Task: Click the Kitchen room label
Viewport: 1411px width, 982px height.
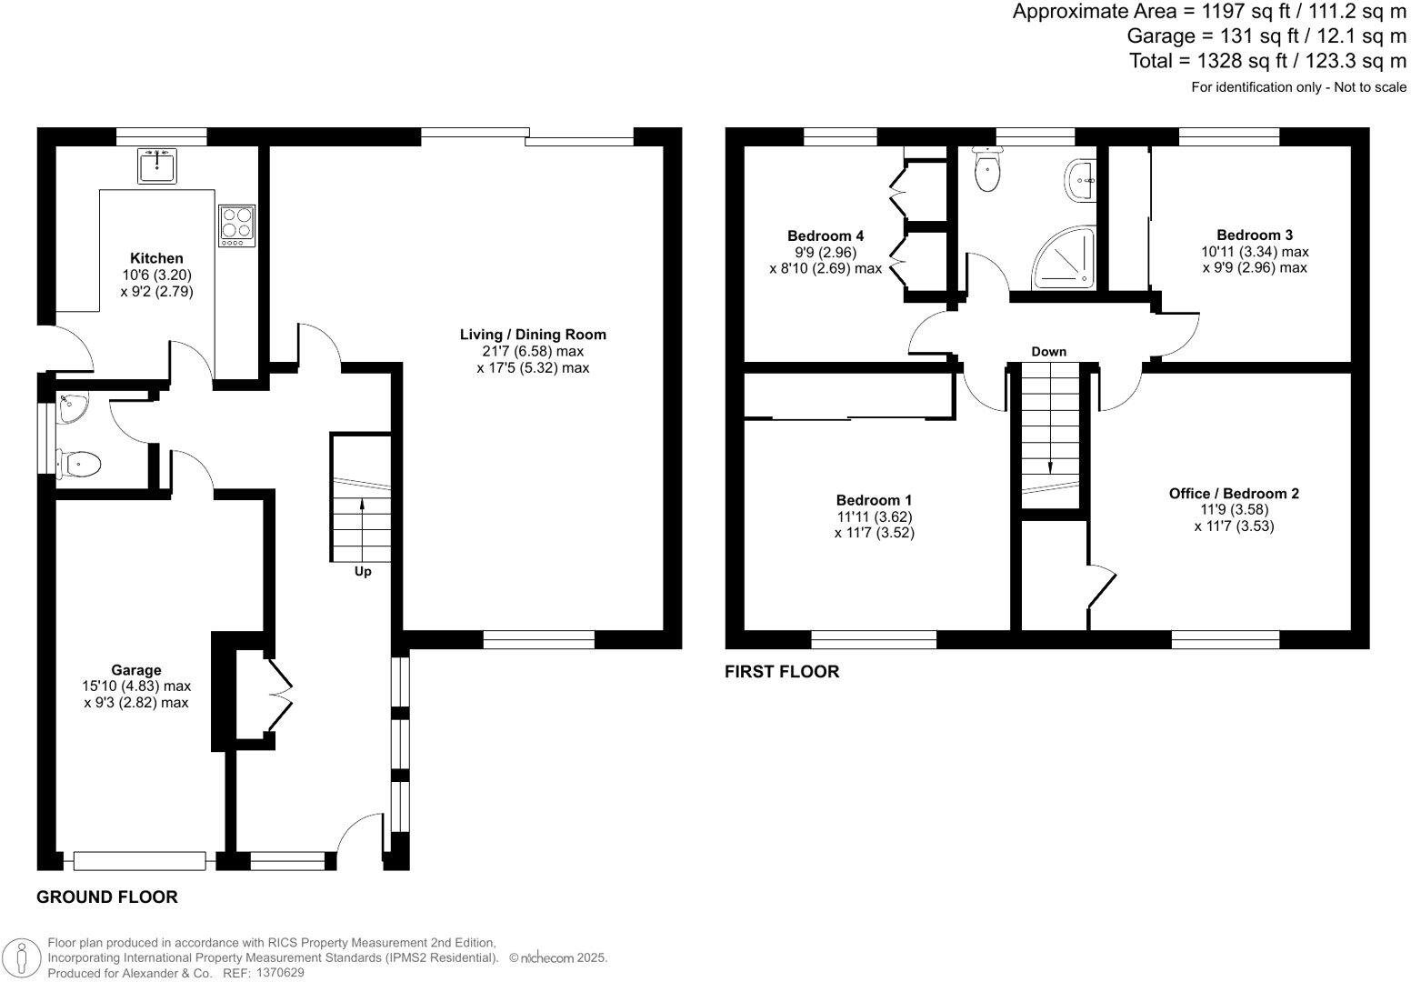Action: [x=156, y=258]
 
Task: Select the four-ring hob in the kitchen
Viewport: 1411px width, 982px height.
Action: [x=236, y=225]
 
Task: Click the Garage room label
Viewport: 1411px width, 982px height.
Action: [x=136, y=670]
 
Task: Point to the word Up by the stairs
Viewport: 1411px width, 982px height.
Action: [x=362, y=572]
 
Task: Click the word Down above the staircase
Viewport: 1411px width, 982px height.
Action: [x=1048, y=352]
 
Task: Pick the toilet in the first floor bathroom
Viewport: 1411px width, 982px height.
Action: [x=986, y=170]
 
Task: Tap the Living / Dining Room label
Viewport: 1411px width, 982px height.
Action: [x=533, y=335]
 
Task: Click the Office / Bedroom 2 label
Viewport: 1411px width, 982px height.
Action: [x=1234, y=494]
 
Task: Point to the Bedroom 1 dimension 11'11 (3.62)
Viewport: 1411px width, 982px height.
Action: [x=874, y=516]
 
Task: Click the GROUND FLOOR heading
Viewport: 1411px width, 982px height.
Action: [x=106, y=897]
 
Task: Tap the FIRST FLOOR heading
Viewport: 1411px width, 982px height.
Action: [x=782, y=672]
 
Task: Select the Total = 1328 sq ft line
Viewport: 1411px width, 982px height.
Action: [x=1267, y=61]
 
